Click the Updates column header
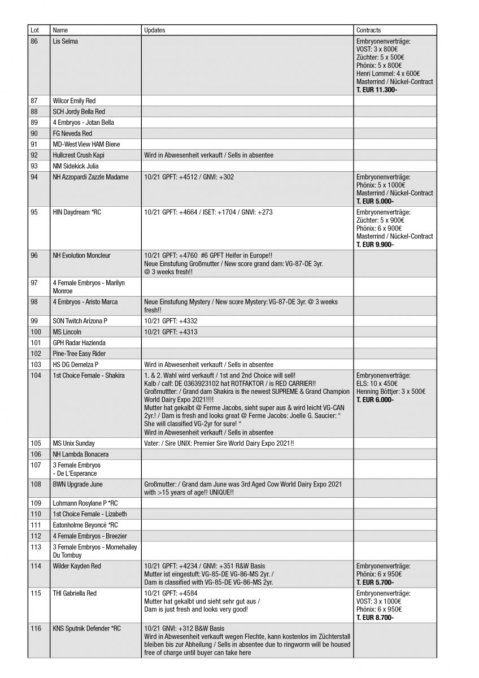click(x=154, y=30)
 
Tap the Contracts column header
click(x=368, y=30)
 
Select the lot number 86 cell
click(x=34, y=41)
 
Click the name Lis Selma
click(x=65, y=41)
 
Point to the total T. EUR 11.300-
click(x=377, y=89)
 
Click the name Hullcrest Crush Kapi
click(x=79, y=155)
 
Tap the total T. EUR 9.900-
click(x=375, y=244)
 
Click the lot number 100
click(x=36, y=332)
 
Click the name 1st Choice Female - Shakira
click(x=89, y=376)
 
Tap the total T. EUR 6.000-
click(x=375, y=399)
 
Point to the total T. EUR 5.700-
click(x=375, y=582)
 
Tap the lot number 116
click(x=36, y=628)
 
